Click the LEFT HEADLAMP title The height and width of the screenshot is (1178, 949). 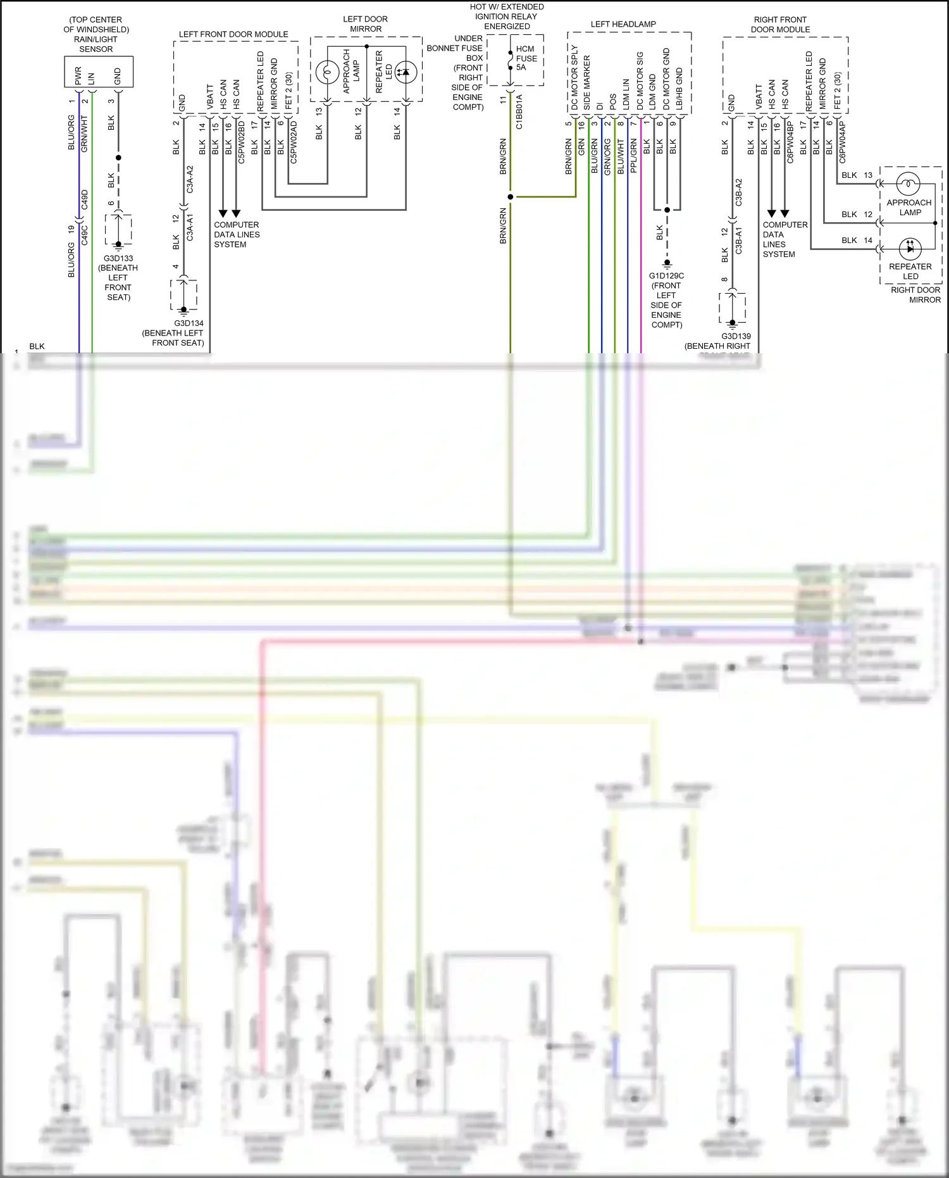[x=623, y=24]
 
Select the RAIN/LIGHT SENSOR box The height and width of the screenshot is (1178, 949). [x=98, y=72]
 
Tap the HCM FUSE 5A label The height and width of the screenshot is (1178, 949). [x=526, y=58]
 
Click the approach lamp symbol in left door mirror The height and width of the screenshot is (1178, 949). [x=327, y=72]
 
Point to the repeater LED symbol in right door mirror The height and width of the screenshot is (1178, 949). [x=909, y=248]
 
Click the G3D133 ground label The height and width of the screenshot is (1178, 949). [x=118, y=258]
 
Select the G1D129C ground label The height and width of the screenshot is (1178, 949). [x=666, y=276]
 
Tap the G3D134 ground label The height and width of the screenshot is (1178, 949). [x=189, y=323]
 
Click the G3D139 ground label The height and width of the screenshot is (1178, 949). [x=736, y=337]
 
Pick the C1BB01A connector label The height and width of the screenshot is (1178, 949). [x=519, y=112]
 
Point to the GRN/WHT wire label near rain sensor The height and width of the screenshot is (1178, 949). [x=85, y=133]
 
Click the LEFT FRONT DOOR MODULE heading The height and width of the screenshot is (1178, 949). [x=233, y=34]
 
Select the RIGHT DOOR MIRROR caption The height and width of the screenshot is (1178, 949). [x=915, y=295]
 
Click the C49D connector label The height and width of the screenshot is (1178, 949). [x=85, y=200]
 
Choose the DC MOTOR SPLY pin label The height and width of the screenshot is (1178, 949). [x=574, y=77]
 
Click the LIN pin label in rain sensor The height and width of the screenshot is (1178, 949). [x=91, y=78]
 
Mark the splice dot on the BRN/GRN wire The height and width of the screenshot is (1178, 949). [x=510, y=197]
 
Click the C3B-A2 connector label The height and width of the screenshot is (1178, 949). [x=738, y=192]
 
